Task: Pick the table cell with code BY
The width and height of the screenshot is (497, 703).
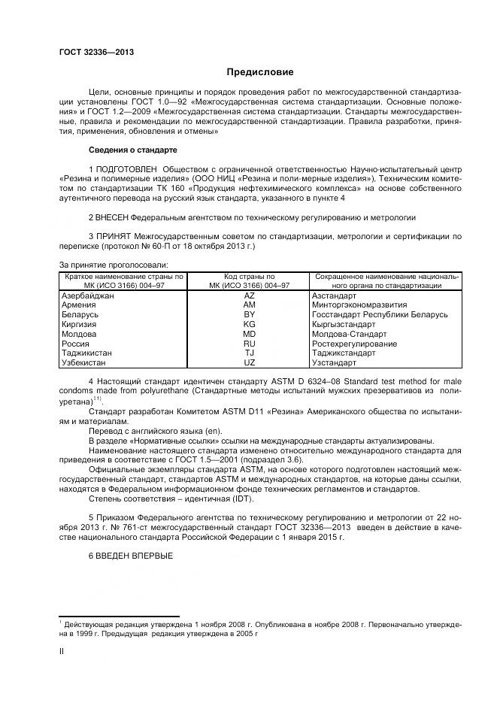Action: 249,316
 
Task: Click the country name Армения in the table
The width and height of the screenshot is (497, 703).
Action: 78,306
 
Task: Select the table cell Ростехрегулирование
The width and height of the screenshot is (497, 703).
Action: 354,344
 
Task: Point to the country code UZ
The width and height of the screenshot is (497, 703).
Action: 249,362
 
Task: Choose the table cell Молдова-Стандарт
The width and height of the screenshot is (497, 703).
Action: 349,334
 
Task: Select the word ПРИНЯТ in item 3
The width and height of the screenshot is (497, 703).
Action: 114,236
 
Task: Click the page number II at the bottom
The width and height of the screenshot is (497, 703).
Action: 62,652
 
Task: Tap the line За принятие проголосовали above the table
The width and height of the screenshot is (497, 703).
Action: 114,265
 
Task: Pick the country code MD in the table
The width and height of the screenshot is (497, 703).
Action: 249,334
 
